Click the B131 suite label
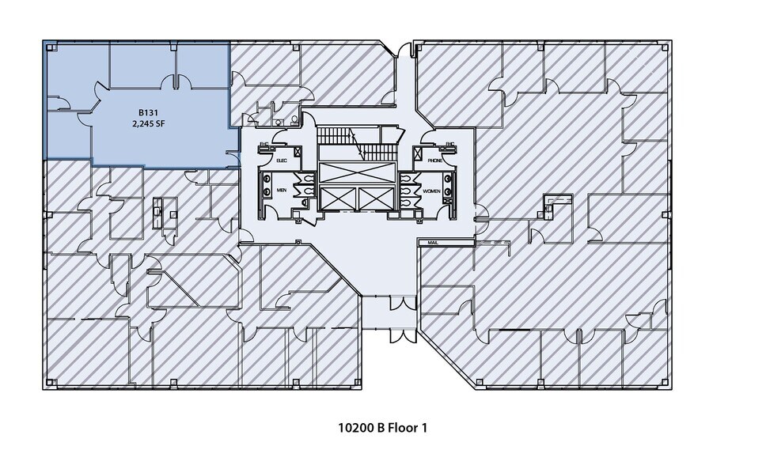click(140, 113)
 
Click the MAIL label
click(432, 243)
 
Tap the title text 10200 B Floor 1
click(383, 428)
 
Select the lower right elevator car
click(375, 199)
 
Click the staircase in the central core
click(356, 142)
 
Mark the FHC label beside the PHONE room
click(449, 144)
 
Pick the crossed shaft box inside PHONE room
click(419, 153)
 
